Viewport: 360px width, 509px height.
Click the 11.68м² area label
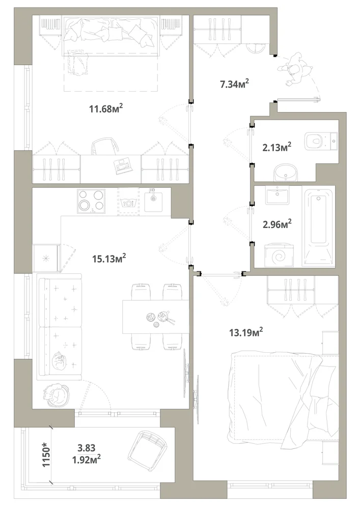click(106, 108)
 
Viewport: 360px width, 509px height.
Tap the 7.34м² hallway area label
click(234, 84)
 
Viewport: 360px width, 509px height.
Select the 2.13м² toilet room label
click(276, 148)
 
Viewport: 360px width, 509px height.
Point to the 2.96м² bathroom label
click(277, 224)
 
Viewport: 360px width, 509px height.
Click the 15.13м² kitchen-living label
click(109, 259)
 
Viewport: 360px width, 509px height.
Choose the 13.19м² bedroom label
click(246, 332)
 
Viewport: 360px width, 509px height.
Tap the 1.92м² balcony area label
click(87, 460)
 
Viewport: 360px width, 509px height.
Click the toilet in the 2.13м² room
click(321, 141)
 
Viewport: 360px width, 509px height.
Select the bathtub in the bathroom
click(318, 227)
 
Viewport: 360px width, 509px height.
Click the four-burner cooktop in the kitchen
click(91, 201)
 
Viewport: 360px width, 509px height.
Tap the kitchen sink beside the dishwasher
click(153, 200)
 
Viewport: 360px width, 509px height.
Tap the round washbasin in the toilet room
click(285, 173)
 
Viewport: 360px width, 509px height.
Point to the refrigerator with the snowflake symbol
click(46, 259)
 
